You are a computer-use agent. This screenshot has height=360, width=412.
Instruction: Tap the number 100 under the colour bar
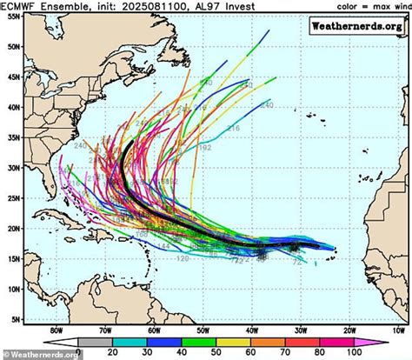(x=375, y=354)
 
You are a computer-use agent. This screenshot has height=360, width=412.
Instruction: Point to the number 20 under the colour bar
(x=110, y=354)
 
